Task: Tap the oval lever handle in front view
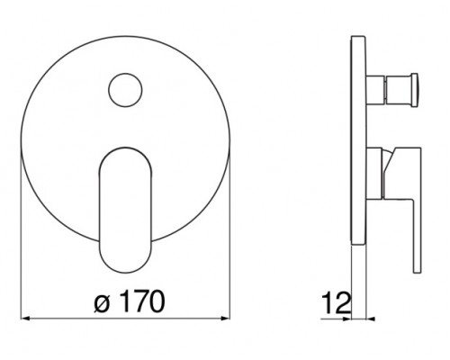click(x=125, y=210)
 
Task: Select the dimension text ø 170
click(x=130, y=301)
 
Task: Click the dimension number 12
click(x=336, y=303)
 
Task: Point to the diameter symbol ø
click(x=101, y=303)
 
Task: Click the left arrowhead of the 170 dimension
click(x=25, y=319)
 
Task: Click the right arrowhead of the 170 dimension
click(x=226, y=319)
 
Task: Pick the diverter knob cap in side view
click(x=415, y=90)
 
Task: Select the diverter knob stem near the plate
click(x=375, y=90)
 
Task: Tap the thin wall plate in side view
click(x=358, y=141)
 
